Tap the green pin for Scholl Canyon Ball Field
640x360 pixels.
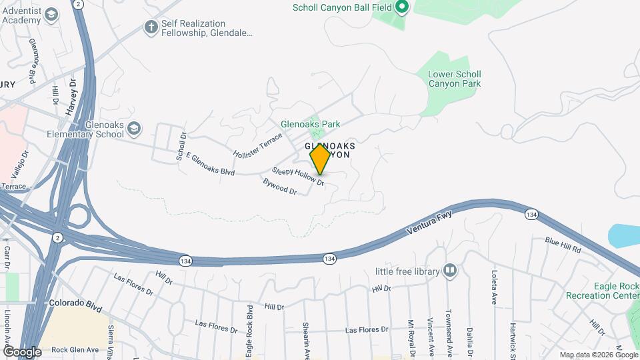(401, 8)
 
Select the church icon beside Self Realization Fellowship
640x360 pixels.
(151, 27)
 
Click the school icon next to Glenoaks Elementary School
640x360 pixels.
(134, 128)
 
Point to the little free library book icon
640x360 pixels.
(450, 271)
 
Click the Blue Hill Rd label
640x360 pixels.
(563, 245)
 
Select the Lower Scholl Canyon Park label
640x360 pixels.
(454, 79)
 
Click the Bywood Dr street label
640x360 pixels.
(279, 186)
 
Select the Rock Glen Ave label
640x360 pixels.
(75, 349)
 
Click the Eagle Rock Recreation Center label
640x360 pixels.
(602, 291)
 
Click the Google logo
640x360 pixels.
(21, 351)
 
